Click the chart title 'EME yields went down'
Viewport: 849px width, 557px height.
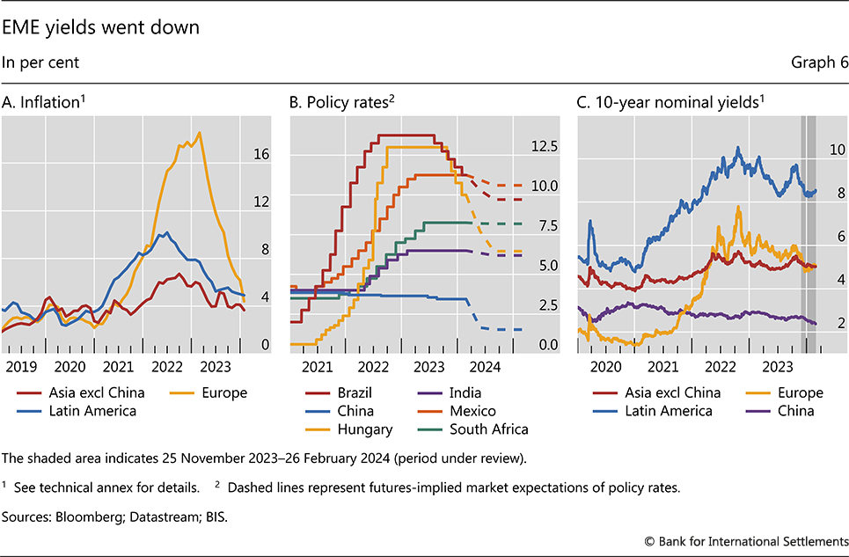[101, 27]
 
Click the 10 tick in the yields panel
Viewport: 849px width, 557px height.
[837, 150]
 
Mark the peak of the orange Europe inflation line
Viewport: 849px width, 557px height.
[200, 133]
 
